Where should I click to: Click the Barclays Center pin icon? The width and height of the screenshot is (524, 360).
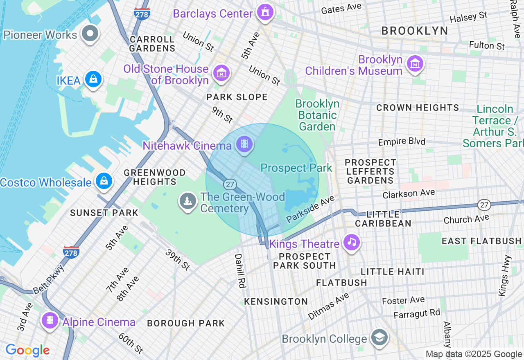tap(265, 12)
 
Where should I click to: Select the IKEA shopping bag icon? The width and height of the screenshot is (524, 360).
tap(93, 79)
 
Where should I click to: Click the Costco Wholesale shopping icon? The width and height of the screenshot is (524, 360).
tap(104, 180)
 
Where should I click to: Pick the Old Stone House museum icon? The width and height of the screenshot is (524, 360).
tap(221, 74)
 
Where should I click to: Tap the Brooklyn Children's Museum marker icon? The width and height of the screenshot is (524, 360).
tap(415, 64)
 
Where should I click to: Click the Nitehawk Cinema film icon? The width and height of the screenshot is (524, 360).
tap(244, 144)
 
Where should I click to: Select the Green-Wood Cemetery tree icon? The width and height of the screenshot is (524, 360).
tap(188, 201)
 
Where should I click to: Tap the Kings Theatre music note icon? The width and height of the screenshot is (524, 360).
tap(351, 242)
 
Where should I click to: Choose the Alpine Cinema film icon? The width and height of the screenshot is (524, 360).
tap(50, 320)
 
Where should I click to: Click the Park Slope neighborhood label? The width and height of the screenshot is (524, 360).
tap(237, 97)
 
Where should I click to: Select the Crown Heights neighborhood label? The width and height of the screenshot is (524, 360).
tap(418, 108)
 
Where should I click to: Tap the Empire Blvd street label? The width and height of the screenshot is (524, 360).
tap(402, 142)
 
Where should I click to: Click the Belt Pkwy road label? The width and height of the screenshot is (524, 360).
tap(49, 279)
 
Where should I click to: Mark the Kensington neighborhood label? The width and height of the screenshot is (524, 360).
tap(276, 302)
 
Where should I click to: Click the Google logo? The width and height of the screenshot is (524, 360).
tap(28, 350)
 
